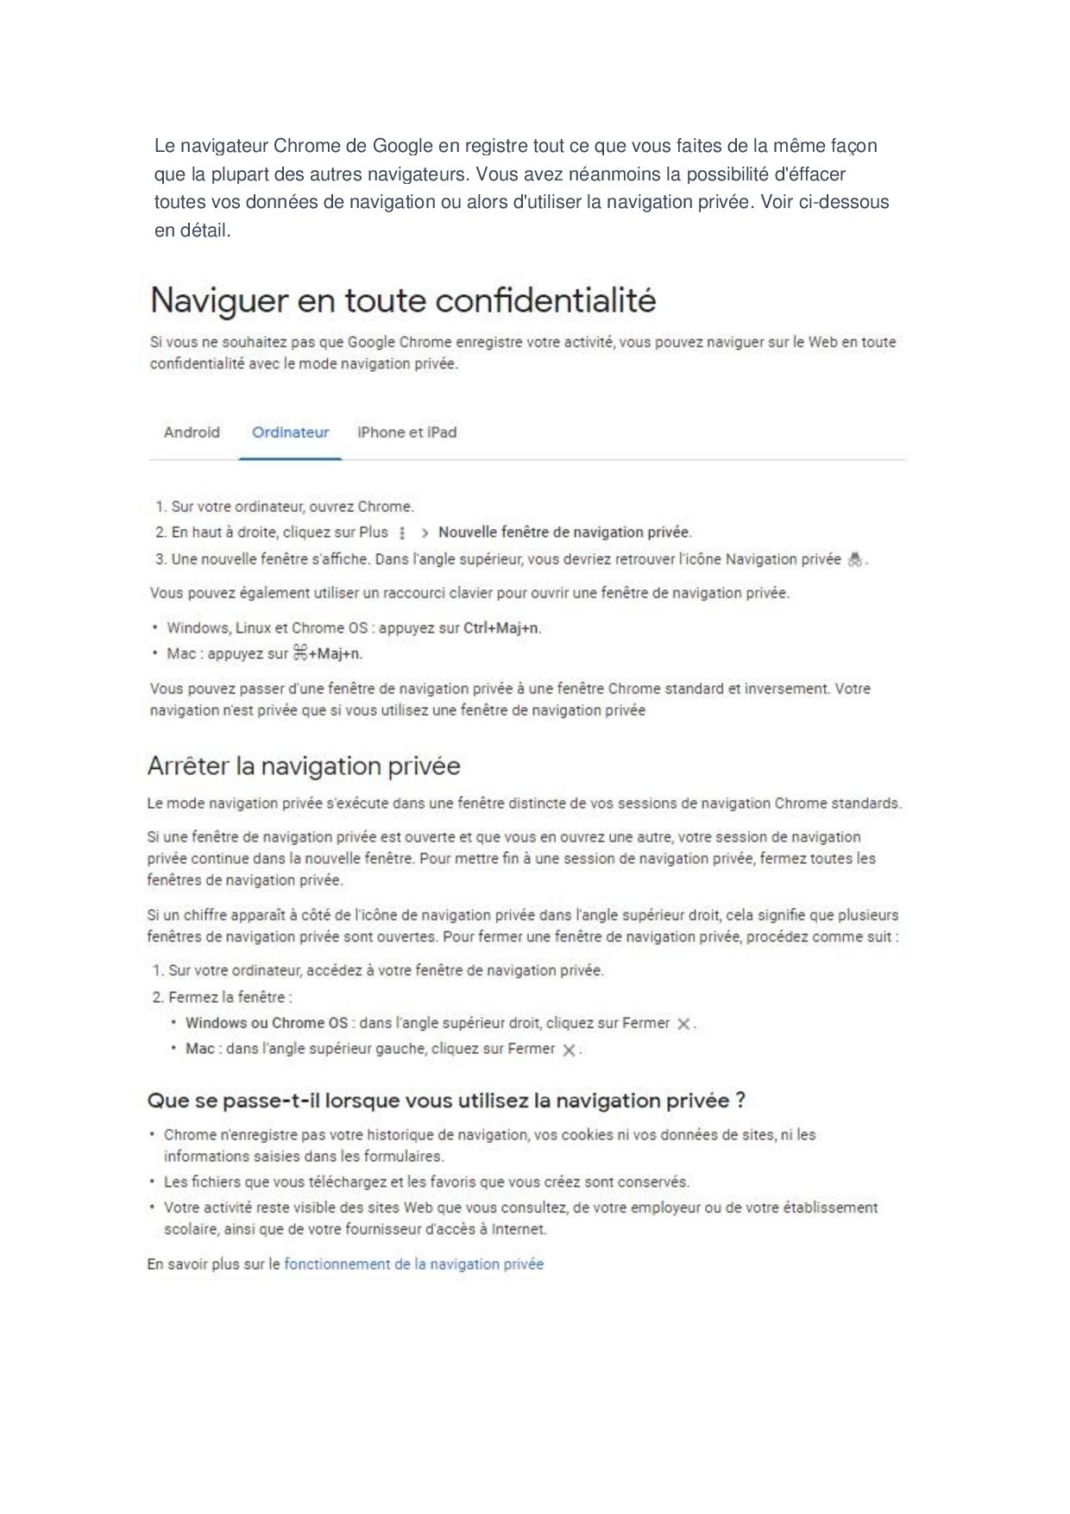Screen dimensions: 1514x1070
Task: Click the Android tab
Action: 192,432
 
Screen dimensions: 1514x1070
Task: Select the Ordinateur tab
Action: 290,432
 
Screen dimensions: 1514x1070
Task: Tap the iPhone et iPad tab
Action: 406,432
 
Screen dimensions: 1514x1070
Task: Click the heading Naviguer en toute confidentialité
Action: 403,301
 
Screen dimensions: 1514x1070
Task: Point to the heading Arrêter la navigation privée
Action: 304,766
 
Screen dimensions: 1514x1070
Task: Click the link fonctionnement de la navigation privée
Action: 413,1265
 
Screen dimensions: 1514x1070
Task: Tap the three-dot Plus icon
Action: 403,533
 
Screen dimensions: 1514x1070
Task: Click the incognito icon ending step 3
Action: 854,559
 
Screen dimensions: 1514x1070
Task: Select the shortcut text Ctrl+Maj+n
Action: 501,628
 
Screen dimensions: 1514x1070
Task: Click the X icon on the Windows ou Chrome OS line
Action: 683,1024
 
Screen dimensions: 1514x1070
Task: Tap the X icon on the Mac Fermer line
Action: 569,1050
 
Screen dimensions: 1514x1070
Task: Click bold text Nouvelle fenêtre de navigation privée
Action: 564,533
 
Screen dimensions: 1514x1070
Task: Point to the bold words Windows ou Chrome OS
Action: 267,1023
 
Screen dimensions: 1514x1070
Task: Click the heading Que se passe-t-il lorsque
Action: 446,1101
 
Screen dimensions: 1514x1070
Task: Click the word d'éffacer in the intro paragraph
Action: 810,174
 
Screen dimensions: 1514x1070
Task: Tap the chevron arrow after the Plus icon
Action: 425,533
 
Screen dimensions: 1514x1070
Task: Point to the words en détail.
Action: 192,230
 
